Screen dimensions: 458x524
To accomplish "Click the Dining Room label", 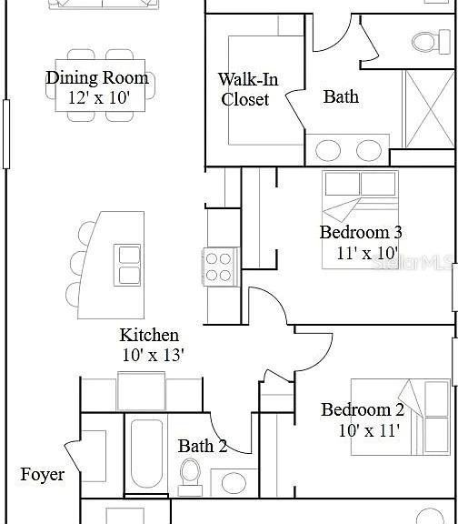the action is [x=97, y=78].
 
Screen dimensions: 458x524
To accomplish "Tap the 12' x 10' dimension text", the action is [x=99, y=98].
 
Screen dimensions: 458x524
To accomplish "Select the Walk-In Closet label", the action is [x=248, y=89].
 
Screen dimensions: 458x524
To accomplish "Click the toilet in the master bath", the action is [x=431, y=42].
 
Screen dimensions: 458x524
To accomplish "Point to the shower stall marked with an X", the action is [x=430, y=109].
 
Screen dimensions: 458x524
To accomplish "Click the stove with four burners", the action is [x=221, y=267].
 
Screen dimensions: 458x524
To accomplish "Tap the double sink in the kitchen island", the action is [x=127, y=265].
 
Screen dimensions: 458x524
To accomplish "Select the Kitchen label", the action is [x=149, y=335].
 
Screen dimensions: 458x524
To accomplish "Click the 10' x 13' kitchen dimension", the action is [x=154, y=355].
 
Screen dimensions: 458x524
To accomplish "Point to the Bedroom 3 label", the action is [x=361, y=232].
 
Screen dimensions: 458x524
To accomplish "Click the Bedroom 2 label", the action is [x=363, y=409].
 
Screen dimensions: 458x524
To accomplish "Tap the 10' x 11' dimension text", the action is [x=369, y=430].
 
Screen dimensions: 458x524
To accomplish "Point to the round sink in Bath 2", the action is [x=234, y=482].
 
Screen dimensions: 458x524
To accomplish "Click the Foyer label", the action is [x=43, y=475].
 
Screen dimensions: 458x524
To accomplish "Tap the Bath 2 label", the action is [x=203, y=446].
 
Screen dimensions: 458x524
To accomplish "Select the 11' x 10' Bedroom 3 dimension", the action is [x=367, y=253].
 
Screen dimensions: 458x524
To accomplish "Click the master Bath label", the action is [x=341, y=96].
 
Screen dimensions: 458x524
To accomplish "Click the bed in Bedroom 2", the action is [x=400, y=417].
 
